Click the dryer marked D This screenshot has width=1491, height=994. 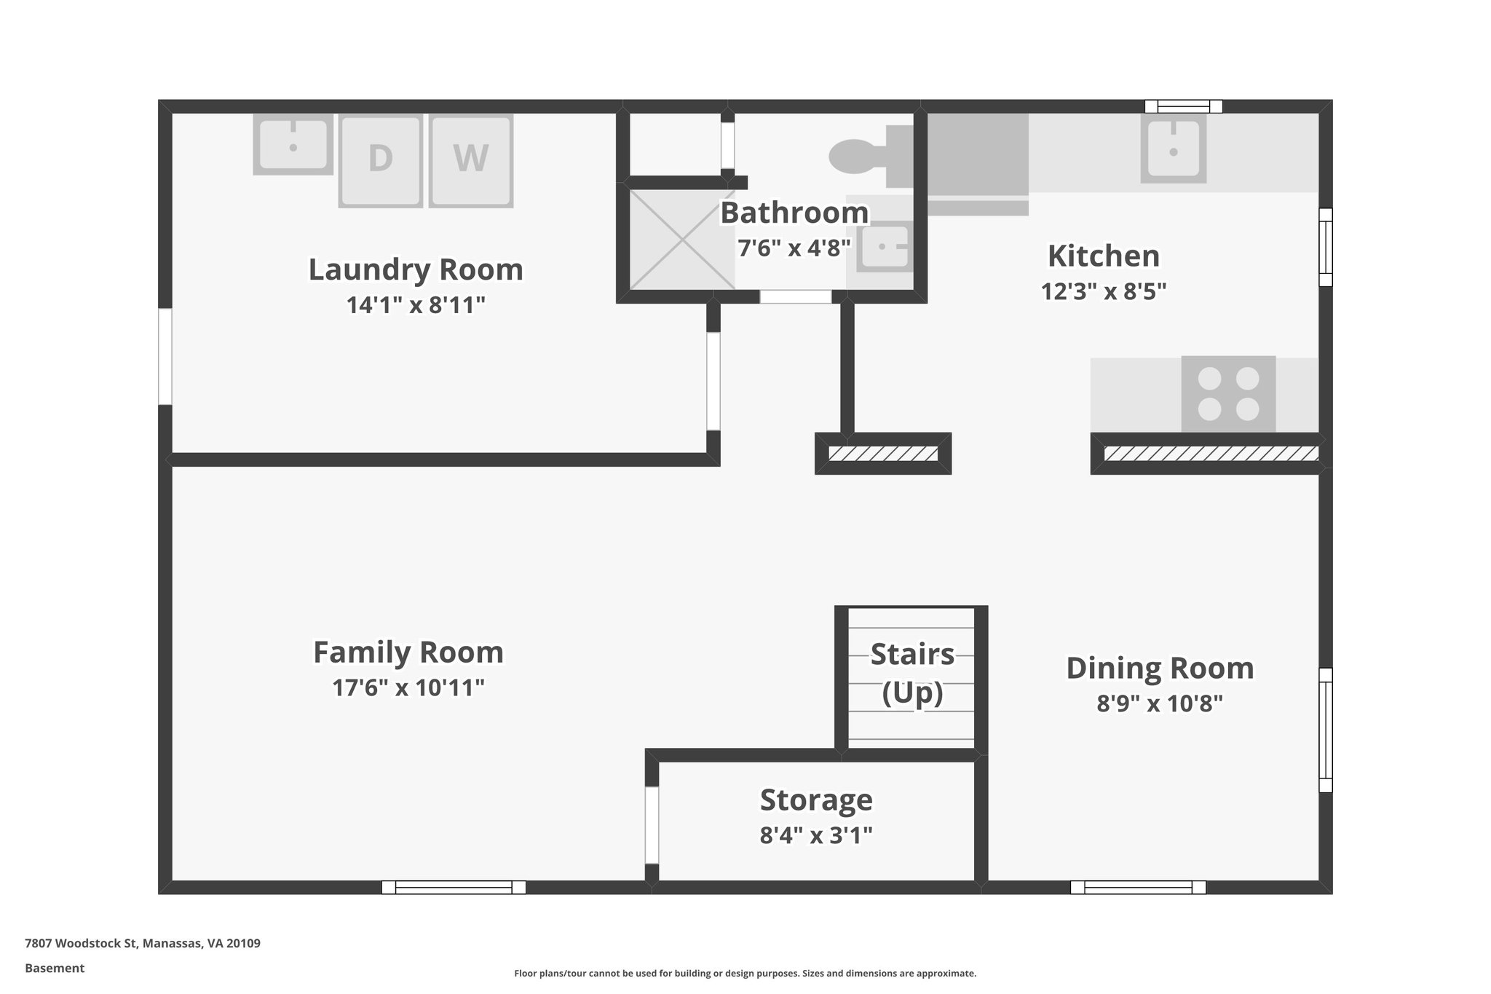(x=380, y=160)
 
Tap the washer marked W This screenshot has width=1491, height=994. (x=471, y=159)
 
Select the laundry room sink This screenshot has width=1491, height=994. (x=293, y=144)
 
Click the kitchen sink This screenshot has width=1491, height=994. (x=1173, y=150)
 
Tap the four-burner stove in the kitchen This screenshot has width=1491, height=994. (x=1228, y=394)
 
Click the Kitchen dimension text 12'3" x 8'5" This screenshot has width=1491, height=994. (x=1103, y=292)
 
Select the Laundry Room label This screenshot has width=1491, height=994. (x=416, y=269)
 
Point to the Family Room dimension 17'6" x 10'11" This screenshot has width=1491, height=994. (x=408, y=687)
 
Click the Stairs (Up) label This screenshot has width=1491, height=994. (x=912, y=673)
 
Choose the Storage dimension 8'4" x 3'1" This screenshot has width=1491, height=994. (x=815, y=835)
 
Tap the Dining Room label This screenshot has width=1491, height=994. (x=1160, y=668)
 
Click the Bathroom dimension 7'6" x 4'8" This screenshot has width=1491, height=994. (x=794, y=249)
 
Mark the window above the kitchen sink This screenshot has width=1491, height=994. (x=1183, y=106)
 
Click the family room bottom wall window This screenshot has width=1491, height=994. (x=454, y=887)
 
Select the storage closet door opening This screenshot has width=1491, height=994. (x=652, y=825)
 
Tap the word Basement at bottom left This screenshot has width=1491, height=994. (x=55, y=969)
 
